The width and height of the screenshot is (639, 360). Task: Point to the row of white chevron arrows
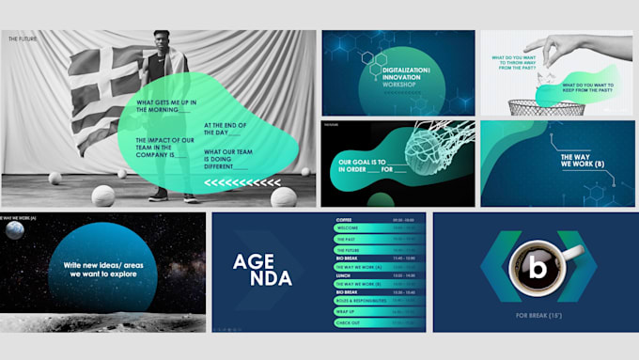coord(242,182)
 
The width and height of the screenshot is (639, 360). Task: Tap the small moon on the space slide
coord(13,230)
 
